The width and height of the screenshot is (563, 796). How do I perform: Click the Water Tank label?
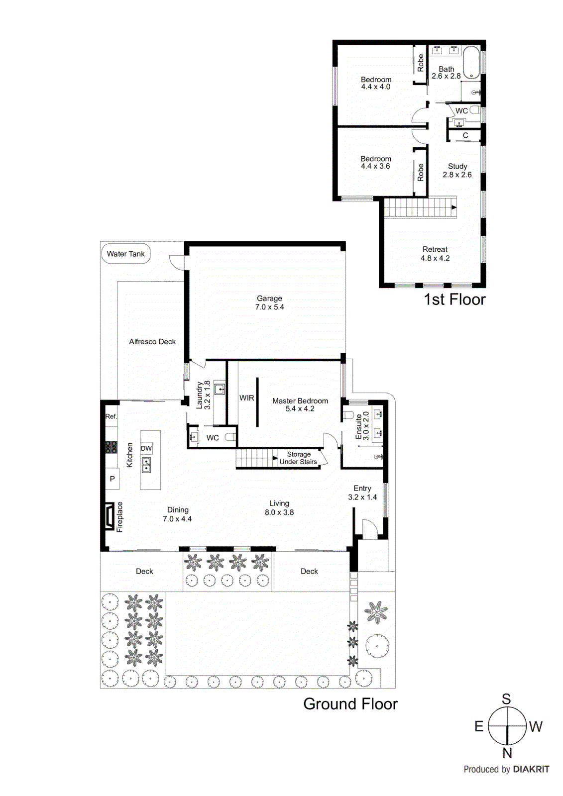(x=125, y=254)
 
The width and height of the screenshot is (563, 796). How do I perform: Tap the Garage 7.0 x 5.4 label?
(x=269, y=302)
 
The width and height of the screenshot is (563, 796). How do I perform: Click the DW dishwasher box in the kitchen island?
(x=146, y=448)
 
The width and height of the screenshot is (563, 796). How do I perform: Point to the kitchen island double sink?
(x=146, y=465)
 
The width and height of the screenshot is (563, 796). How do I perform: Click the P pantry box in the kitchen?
(x=112, y=479)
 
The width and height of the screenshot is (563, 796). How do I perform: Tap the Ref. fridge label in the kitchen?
(x=111, y=416)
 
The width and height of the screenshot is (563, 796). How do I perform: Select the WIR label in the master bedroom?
(x=246, y=398)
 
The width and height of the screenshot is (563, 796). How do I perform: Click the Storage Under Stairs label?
(x=298, y=458)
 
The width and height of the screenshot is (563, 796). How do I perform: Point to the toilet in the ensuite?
(x=348, y=415)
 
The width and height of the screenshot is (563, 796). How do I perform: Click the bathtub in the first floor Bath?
(x=471, y=62)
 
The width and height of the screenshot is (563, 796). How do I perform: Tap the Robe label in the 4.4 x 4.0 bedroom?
(x=421, y=63)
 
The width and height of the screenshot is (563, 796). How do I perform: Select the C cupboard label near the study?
(x=465, y=135)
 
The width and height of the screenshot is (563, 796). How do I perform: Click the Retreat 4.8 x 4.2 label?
(x=435, y=254)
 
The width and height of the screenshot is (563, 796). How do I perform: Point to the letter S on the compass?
(x=506, y=699)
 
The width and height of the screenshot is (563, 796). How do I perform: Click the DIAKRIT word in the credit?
(x=531, y=769)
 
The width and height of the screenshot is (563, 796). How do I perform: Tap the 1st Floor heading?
(x=454, y=299)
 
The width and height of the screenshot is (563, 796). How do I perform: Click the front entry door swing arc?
(x=369, y=526)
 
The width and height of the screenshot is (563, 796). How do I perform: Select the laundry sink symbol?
(x=219, y=389)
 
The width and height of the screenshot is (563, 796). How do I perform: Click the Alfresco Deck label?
(x=152, y=342)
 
